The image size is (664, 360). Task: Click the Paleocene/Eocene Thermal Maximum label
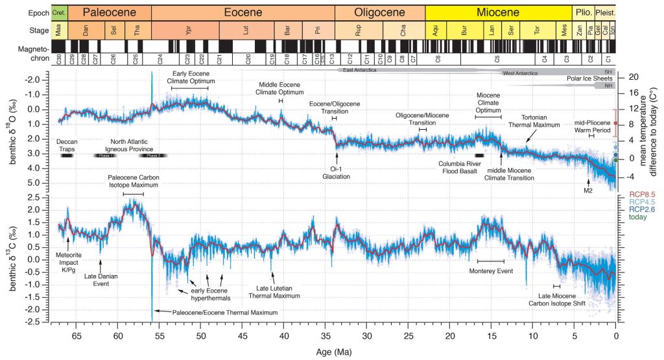pos(224,313)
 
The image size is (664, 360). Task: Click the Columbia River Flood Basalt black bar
pos(479,156)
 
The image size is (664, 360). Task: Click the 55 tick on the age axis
pos(160,336)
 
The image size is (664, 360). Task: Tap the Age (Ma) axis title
pos(335,352)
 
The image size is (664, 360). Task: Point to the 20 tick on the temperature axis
pos(633,77)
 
